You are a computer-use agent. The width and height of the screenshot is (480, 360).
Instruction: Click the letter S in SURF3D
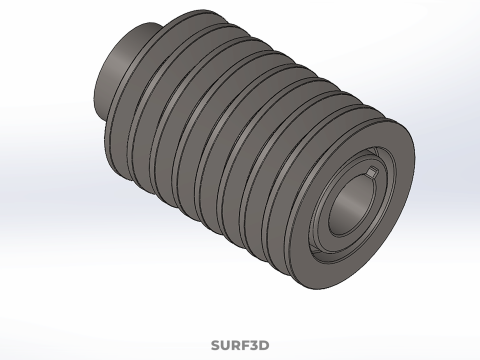[216, 346]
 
